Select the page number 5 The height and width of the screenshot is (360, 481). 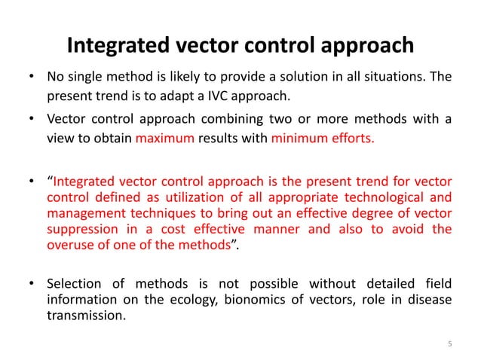449,345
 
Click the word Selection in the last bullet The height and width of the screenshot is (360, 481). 74,285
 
